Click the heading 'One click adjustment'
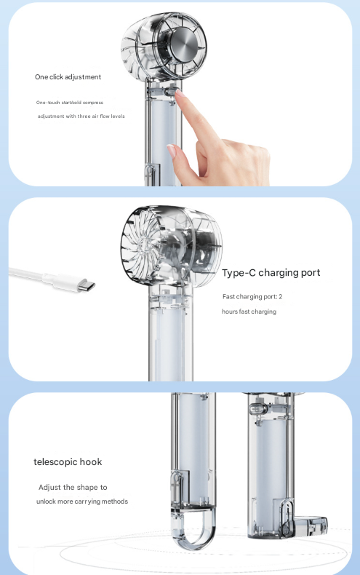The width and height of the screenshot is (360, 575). (x=68, y=76)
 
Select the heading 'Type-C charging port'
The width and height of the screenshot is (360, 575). (x=271, y=273)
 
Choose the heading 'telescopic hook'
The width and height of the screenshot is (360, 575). (x=68, y=462)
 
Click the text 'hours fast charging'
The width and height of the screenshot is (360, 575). (x=249, y=312)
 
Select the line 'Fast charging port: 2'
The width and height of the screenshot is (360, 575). (x=252, y=297)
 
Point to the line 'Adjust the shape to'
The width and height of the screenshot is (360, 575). (x=73, y=487)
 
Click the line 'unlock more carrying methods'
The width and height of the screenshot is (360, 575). (x=82, y=501)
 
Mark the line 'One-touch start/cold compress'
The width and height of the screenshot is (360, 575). (x=70, y=103)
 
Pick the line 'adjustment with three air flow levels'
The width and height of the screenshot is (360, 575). (x=81, y=116)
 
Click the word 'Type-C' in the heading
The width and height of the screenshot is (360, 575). (x=241, y=273)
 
